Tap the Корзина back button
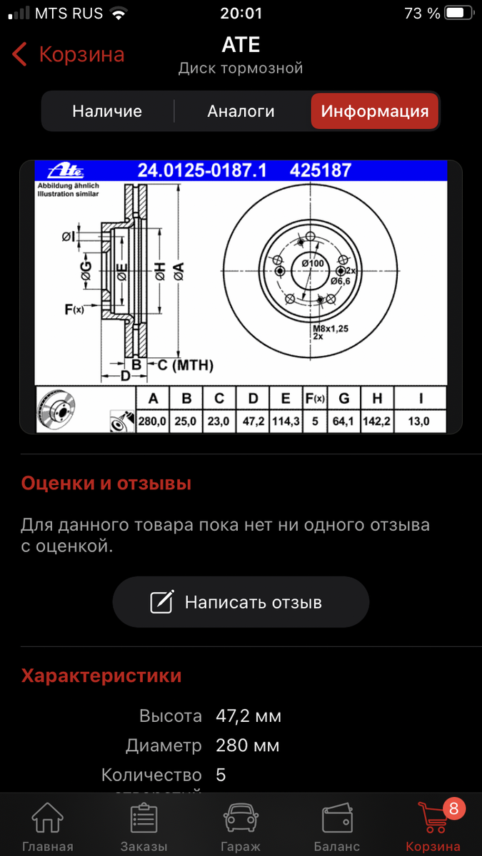pyautogui.click(x=69, y=55)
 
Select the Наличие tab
pyautogui.click(x=107, y=111)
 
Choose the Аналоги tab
pyautogui.click(x=241, y=111)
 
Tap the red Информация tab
pyautogui.click(x=374, y=111)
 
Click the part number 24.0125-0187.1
pyautogui.click(x=202, y=171)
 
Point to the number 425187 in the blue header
pyautogui.click(x=320, y=171)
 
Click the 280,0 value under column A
pyautogui.click(x=152, y=422)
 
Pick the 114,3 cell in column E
pyautogui.click(x=285, y=422)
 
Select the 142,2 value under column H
pyautogui.click(x=376, y=422)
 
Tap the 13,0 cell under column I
pyautogui.click(x=418, y=422)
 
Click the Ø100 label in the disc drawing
pyautogui.click(x=313, y=264)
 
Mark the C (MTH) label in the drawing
pyautogui.click(x=184, y=365)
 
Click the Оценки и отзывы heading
pyautogui.click(x=106, y=484)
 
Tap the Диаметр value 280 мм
pyautogui.click(x=247, y=746)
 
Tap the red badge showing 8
pyautogui.click(x=453, y=809)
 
